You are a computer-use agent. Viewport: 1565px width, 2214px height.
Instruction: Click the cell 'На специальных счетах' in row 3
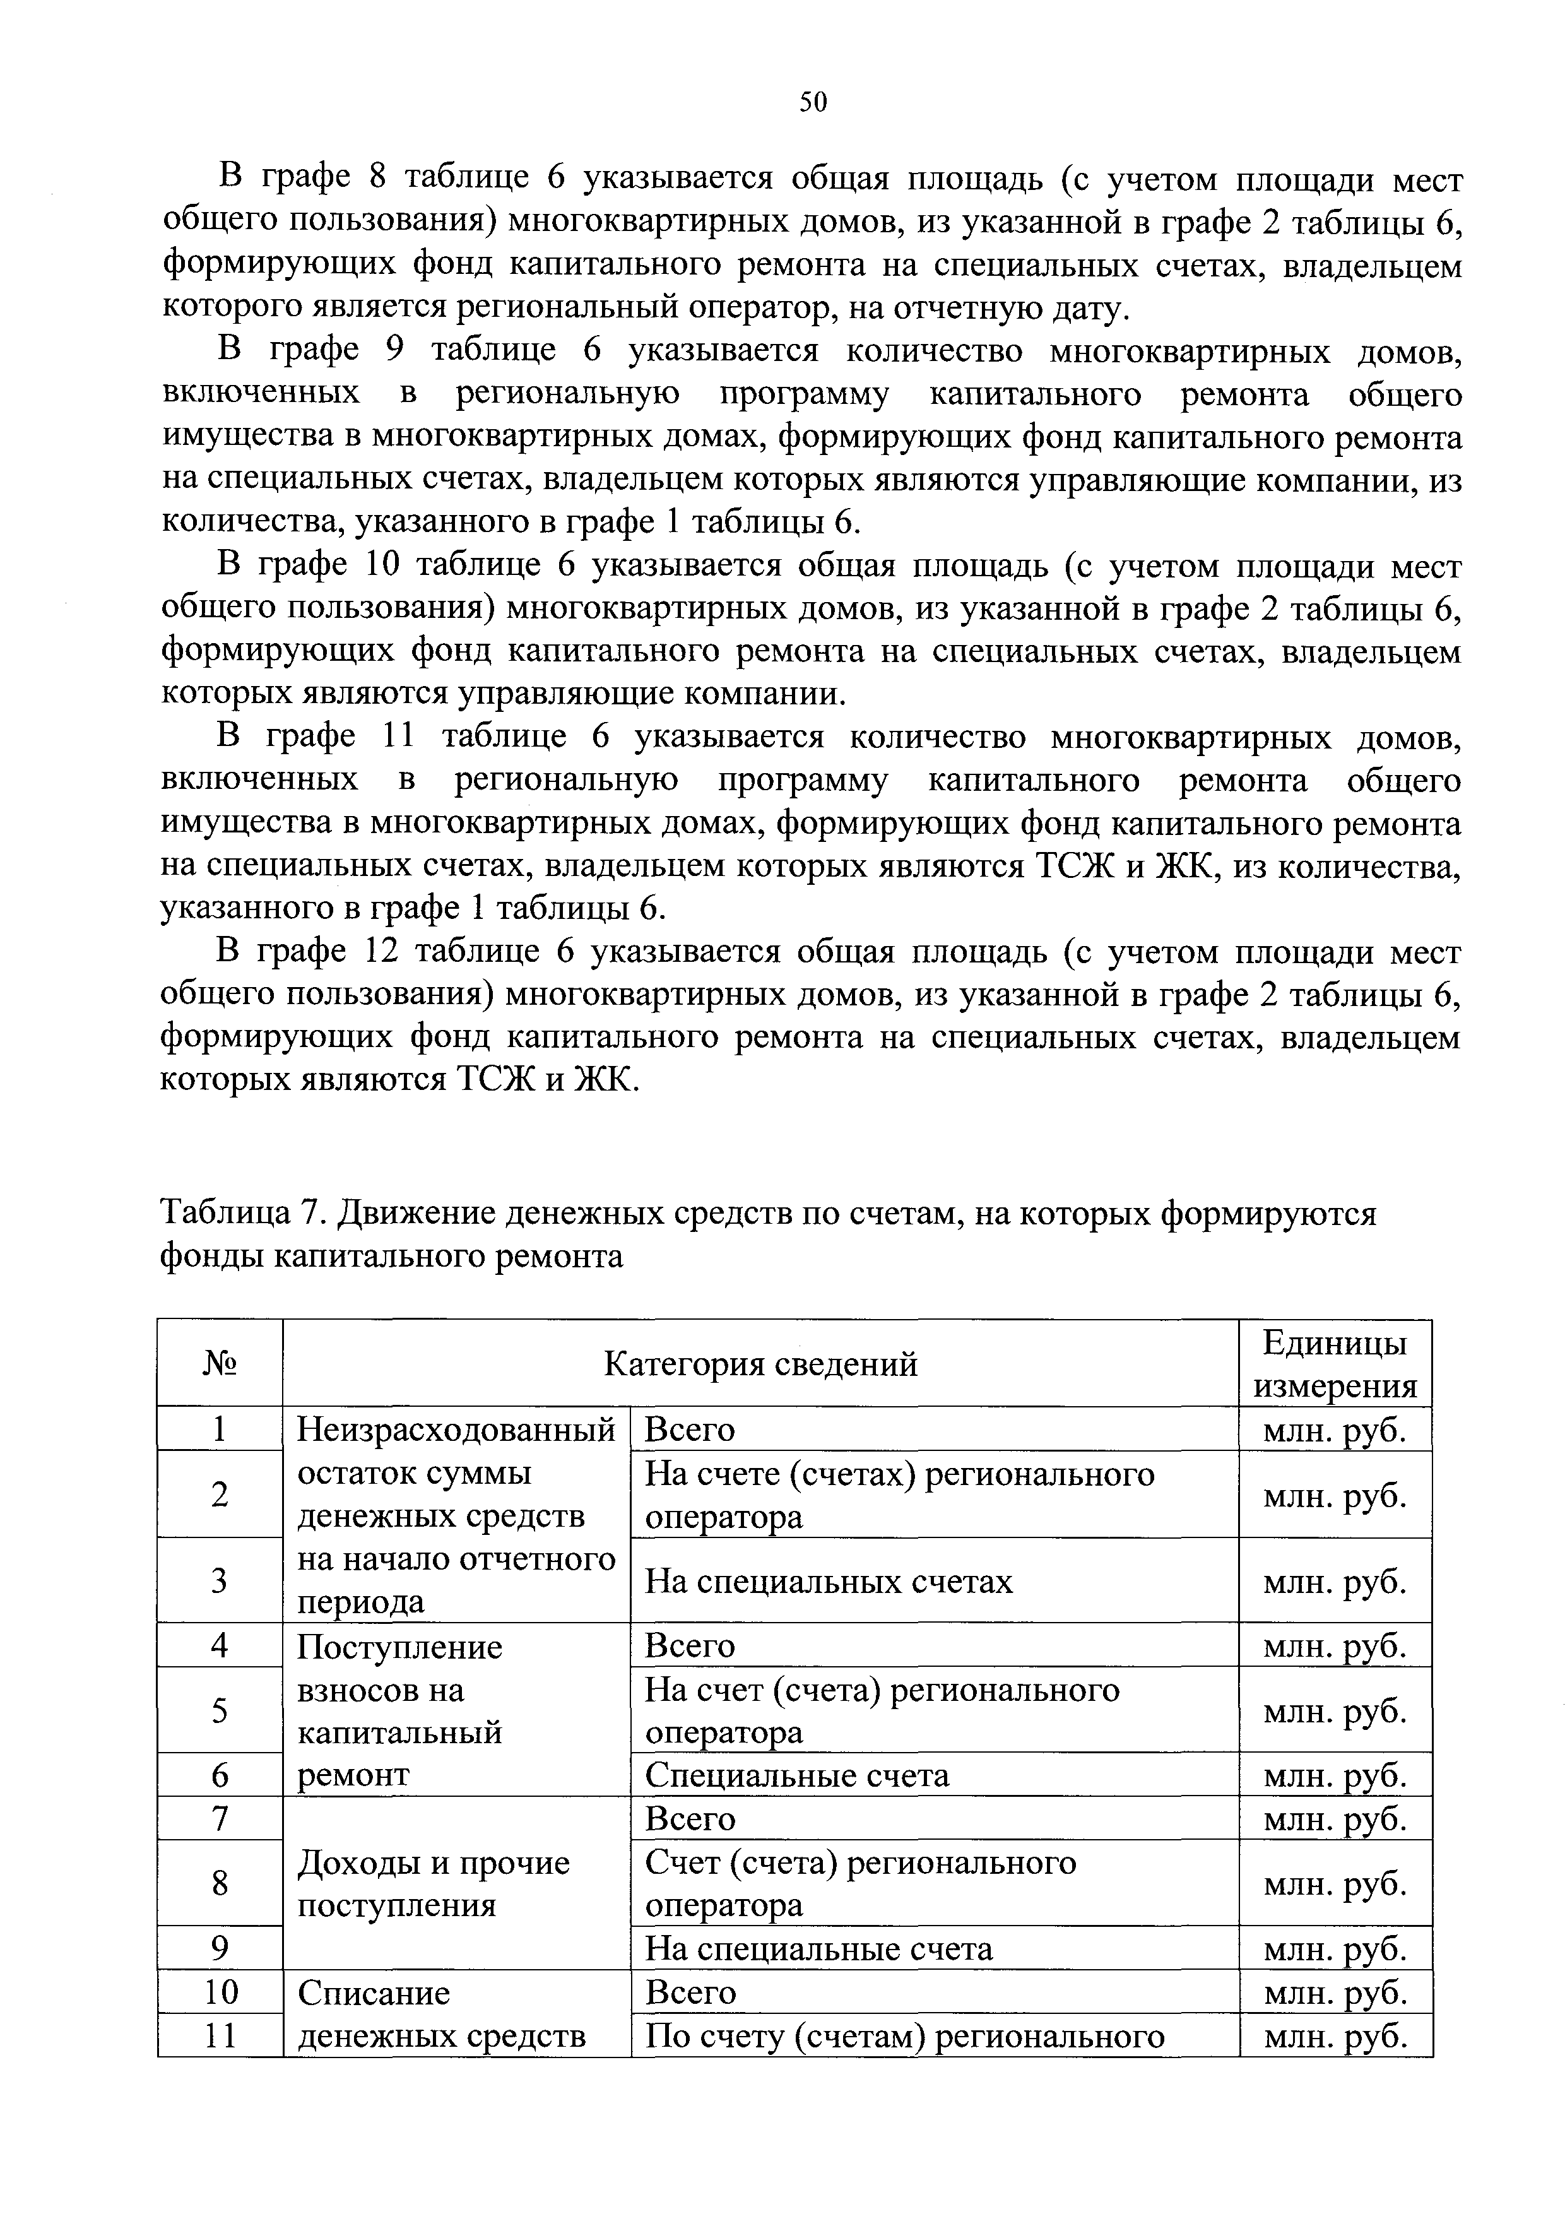pyautogui.click(x=829, y=1582)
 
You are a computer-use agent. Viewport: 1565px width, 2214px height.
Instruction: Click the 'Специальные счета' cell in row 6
pyautogui.click(x=798, y=1775)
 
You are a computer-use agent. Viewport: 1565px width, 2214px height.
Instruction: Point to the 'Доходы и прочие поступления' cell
pyautogui.click(x=434, y=1883)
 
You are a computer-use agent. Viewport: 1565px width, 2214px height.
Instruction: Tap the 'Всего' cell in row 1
pyautogui.click(x=690, y=1429)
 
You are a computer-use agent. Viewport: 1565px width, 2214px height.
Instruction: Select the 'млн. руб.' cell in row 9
pyautogui.click(x=1335, y=1950)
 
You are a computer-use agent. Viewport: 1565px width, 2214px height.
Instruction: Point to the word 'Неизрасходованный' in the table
pyautogui.click(x=456, y=1429)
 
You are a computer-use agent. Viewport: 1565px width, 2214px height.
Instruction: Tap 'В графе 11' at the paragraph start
pyautogui.click(x=316, y=737)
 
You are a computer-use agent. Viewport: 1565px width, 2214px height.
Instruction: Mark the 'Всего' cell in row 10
pyautogui.click(x=690, y=1992)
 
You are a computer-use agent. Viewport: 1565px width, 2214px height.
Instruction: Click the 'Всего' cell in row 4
pyautogui.click(x=690, y=1645)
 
